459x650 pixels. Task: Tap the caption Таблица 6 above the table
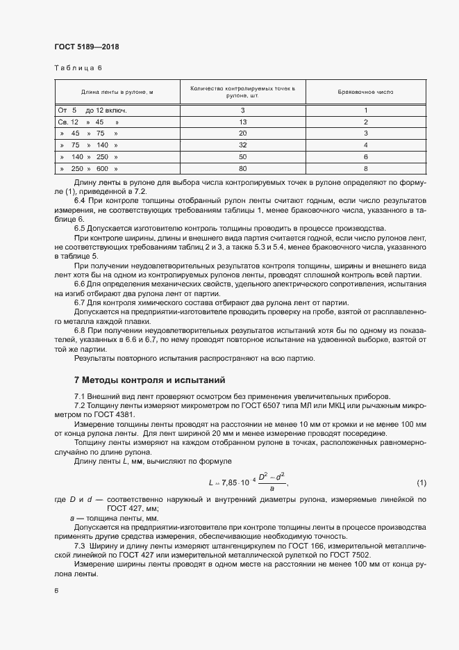click(78, 68)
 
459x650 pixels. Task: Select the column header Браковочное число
click(365, 92)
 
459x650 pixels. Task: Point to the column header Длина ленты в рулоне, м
click(117, 92)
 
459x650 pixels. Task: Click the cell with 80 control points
click(242, 168)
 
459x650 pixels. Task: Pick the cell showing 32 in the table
click(242, 145)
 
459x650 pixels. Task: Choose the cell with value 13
click(242, 122)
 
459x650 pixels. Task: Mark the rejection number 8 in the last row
click(365, 168)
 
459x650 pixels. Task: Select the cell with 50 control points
click(242, 156)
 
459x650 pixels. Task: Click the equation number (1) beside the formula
click(421, 482)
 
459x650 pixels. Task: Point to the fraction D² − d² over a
click(272, 482)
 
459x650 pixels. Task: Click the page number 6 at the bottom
click(56, 590)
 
